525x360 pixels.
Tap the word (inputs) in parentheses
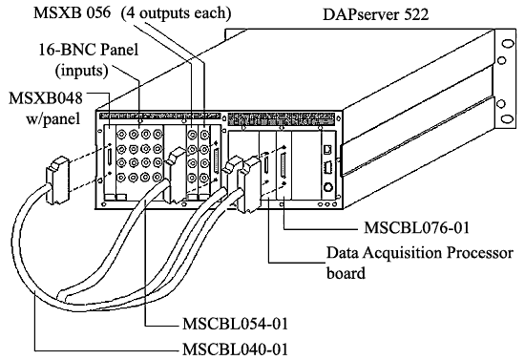57,73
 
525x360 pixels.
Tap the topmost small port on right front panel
327,149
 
